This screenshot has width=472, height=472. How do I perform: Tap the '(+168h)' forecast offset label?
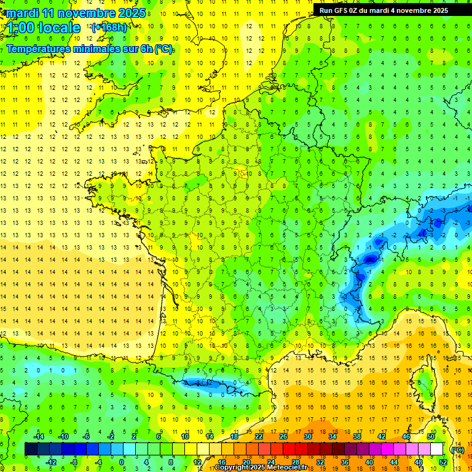click(109, 27)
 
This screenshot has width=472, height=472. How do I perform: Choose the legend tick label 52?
click(442, 462)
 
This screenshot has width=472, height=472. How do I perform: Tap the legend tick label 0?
click(122, 462)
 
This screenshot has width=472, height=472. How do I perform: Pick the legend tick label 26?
click(283, 436)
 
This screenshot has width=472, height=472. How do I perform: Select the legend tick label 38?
click(356, 436)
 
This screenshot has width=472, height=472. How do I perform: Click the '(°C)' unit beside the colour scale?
click(458, 450)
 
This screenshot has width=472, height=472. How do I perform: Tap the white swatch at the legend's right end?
click(436, 449)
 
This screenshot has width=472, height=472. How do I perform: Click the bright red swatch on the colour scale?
click(289, 449)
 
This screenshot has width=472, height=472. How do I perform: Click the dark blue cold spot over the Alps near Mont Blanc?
click(370, 259)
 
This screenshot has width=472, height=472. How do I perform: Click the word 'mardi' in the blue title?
click(22, 13)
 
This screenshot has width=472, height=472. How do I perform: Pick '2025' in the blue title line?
click(132, 13)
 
